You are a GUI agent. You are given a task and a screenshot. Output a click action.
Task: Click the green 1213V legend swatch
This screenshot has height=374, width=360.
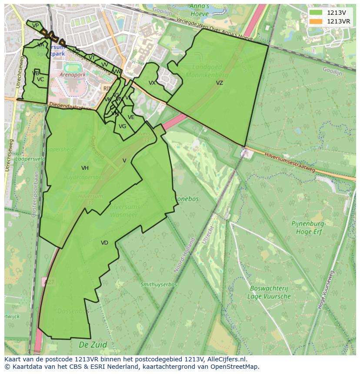316,13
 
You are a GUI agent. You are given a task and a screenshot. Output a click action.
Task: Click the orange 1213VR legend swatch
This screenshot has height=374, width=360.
316,21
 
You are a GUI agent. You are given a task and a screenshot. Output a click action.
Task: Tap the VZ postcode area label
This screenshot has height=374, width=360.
220,83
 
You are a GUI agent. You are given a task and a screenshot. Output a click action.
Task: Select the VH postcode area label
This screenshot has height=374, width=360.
85,168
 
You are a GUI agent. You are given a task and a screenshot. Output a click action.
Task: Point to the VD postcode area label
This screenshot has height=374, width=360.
104,243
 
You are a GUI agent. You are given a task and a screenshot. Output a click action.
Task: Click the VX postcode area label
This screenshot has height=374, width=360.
152,83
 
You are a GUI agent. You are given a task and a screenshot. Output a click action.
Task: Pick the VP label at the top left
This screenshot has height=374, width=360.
36,26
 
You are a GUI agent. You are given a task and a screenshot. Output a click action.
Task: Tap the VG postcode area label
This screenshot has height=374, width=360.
122,126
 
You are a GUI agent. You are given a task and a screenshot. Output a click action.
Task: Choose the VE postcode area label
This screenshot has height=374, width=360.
131,117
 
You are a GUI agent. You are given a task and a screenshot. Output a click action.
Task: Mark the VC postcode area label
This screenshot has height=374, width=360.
40,79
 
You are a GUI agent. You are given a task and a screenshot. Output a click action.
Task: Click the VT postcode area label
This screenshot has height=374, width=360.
92,58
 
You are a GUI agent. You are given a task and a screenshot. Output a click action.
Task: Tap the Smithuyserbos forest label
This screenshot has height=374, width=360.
159,285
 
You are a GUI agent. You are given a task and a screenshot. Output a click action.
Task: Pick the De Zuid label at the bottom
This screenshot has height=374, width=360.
93,345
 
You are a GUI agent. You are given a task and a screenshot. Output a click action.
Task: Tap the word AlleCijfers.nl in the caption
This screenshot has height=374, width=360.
227,359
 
